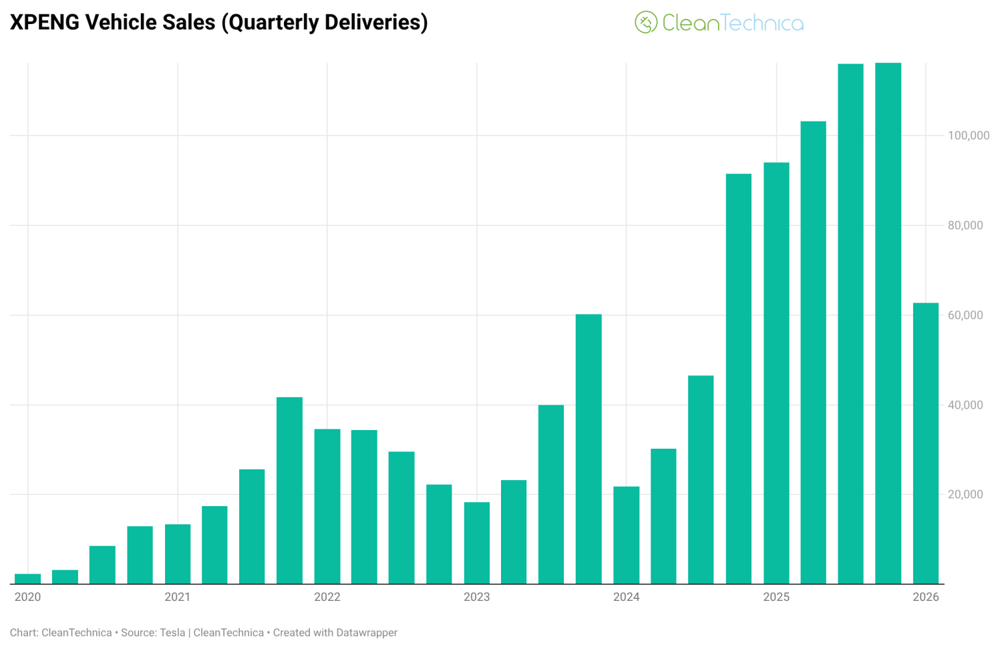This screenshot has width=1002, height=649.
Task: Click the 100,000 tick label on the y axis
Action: pos(968,136)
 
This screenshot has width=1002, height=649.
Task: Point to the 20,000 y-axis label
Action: pos(965,494)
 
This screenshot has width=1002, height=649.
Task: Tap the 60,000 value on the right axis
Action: pos(965,315)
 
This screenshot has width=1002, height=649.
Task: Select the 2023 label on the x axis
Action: pos(476,597)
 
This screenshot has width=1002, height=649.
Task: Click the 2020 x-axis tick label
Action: pos(27,597)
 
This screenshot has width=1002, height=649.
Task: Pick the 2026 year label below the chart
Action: pos(925,597)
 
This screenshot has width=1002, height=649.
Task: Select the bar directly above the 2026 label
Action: pos(925,443)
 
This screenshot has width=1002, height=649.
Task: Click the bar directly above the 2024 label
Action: pos(626,535)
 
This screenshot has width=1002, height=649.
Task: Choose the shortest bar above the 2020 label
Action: pos(27,579)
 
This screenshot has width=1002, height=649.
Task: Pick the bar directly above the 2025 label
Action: pos(776,373)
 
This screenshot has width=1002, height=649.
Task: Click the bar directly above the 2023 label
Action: pos(476,543)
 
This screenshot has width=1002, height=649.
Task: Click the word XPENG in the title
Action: pos(45,22)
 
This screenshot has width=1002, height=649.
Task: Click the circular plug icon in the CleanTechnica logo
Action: pos(645,23)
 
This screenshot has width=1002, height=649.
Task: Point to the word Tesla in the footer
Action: pos(172,632)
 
